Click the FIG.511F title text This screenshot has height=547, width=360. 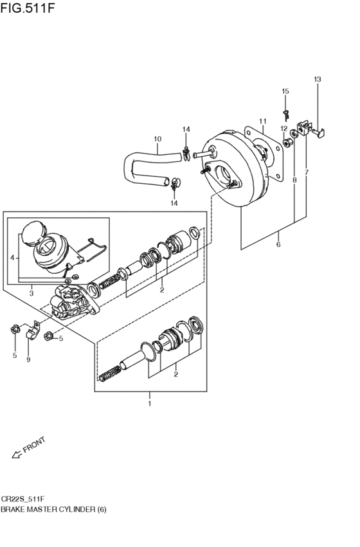coord(28,8)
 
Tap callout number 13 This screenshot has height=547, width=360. coord(317,79)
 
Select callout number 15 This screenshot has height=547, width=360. coord(285,91)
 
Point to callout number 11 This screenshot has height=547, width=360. coord(263,121)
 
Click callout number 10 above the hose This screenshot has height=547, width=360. coord(157,139)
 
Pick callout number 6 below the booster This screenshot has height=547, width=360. coord(278,244)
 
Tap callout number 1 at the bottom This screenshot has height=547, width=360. coord(150,404)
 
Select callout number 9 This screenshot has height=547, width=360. coord(28,360)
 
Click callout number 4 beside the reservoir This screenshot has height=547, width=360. coord(13,258)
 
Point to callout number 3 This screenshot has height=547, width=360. coord(32,293)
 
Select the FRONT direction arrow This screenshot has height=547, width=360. coord(16,454)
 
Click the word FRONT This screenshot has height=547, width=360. coord(34,445)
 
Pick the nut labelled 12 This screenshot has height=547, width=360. coord(287,143)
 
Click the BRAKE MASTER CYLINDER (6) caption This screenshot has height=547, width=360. coord(53,509)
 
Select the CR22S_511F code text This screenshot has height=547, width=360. coord(23,499)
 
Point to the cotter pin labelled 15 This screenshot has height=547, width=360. coord(286,114)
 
